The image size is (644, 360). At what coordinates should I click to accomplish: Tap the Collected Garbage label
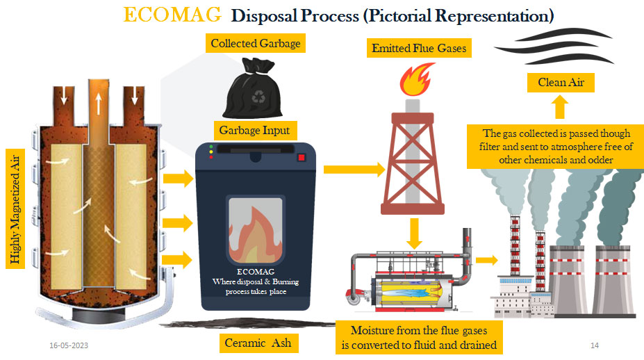[256, 44]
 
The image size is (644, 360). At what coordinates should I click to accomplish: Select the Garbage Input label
[254, 130]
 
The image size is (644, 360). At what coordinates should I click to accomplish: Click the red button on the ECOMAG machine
[302, 158]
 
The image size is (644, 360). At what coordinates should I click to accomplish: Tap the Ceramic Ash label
[257, 343]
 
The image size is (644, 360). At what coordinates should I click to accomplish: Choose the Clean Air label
[561, 83]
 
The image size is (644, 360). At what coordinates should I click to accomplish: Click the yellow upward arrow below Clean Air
[560, 108]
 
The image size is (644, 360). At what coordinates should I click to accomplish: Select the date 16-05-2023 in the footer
[68, 345]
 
